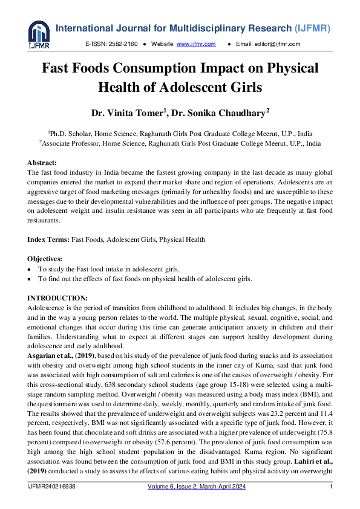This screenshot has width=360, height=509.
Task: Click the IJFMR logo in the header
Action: pos(39,34)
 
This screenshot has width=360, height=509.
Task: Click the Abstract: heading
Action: pos(42,163)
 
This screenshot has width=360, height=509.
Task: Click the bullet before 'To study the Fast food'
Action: pos(30,268)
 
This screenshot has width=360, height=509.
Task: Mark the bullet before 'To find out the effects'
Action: pos(30,279)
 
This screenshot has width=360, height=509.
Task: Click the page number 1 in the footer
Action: pos(331,487)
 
